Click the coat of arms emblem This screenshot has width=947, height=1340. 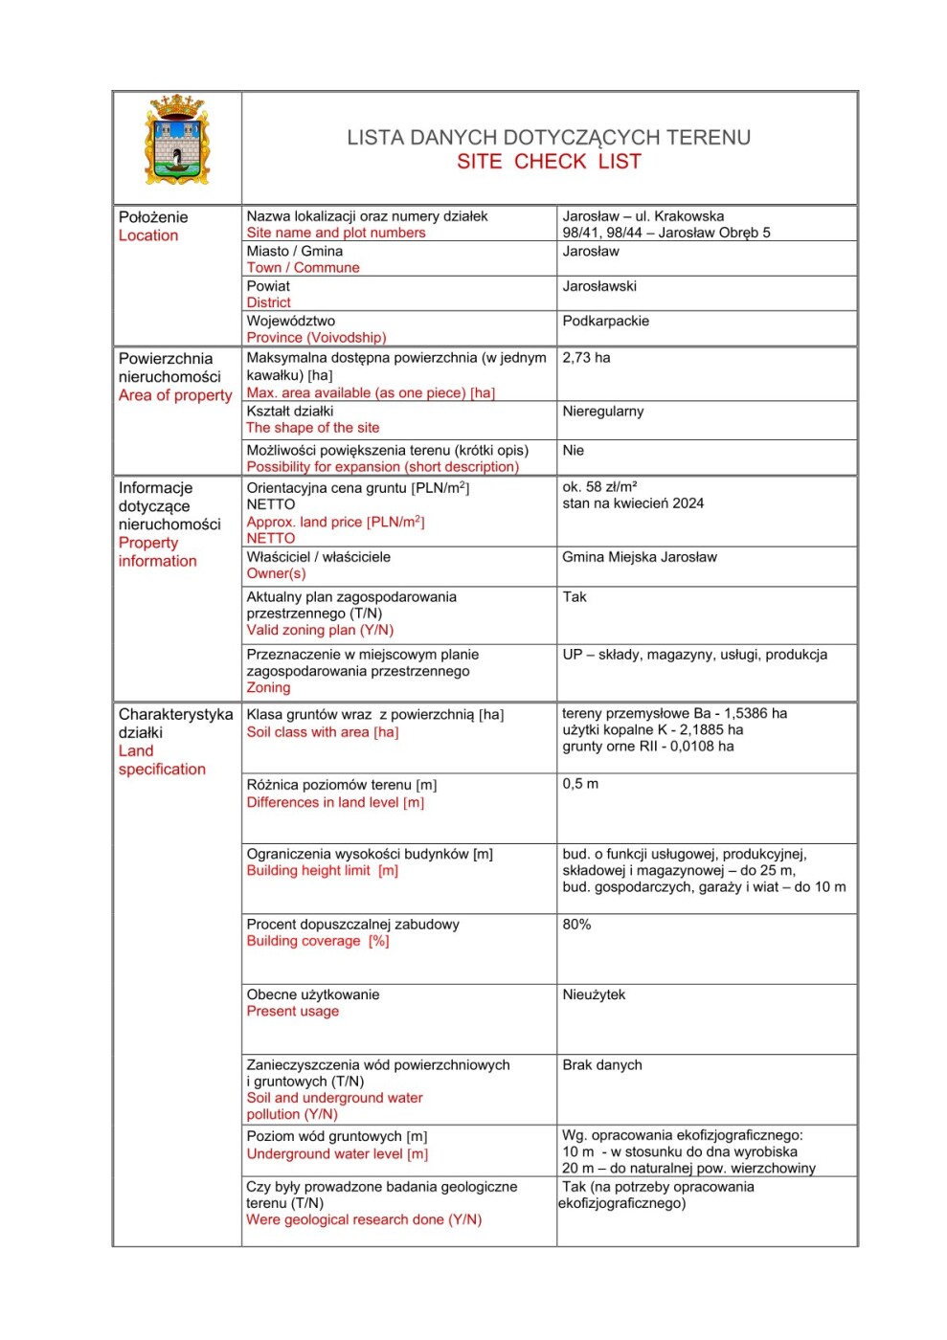(x=177, y=141)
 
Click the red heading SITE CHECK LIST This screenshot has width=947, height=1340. (x=549, y=162)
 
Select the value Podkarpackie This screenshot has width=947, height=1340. (x=605, y=322)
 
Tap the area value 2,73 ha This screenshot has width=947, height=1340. (x=586, y=358)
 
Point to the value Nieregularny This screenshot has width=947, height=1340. (x=602, y=412)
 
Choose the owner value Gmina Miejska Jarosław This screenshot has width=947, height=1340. (x=639, y=557)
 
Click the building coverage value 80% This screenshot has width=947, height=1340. (x=576, y=925)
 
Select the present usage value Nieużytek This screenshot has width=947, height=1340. (x=594, y=995)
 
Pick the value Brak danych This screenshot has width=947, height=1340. (x=601, y=1065)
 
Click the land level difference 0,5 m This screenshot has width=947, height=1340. (x=580, y=784)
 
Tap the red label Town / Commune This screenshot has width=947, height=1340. (x=303, y=268)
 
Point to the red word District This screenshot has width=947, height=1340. (x=268, y=302)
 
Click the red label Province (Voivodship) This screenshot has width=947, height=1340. (x=316, y=338)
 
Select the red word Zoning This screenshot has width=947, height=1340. (x=268, y=688)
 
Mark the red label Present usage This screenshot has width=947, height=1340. (x=292, y=1012)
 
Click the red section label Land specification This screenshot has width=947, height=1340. (x=161, y=760)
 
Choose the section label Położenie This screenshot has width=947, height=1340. (x=152, y=217)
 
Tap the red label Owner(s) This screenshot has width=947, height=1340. (x=276, y=573)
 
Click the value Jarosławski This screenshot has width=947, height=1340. (x=599, y=286)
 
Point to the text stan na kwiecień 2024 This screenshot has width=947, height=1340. (x=632, y=503)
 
